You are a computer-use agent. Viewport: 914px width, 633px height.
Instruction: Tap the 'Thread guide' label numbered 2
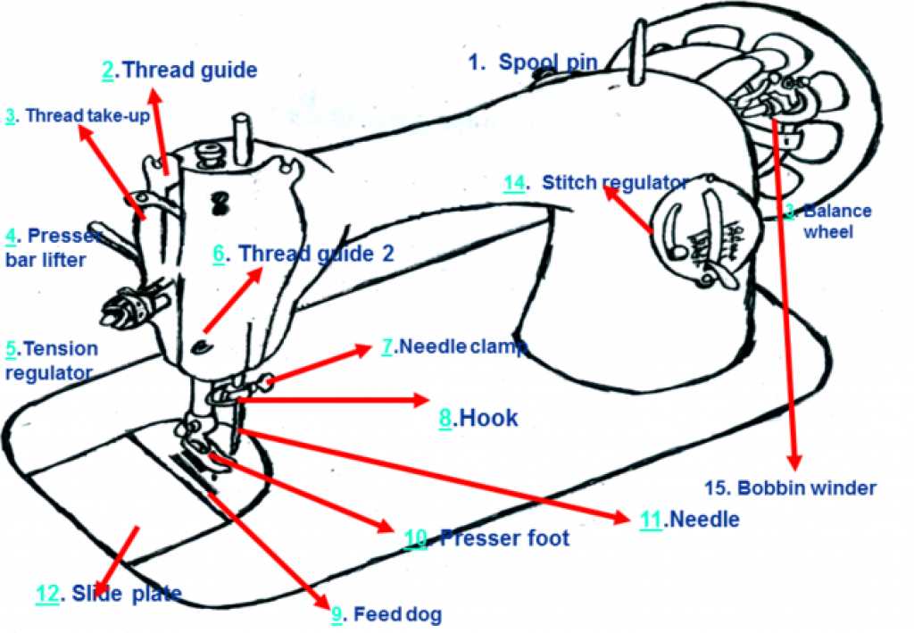point(179,71)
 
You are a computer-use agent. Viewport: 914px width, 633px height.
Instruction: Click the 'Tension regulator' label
point(51,360)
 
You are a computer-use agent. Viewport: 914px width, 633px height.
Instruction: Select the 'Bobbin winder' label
point(790,488)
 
